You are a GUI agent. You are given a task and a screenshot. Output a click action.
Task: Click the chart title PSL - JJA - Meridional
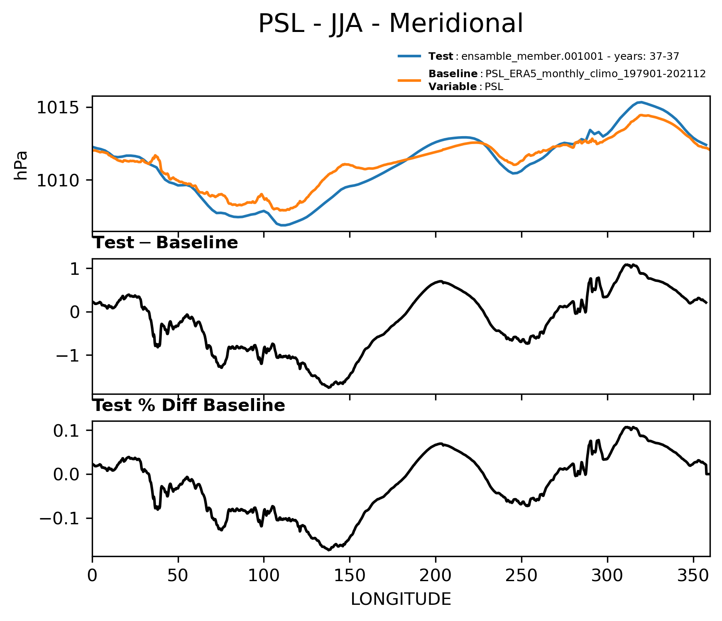click(391, 24)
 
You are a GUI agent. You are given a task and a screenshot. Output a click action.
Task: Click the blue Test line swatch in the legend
click(410, 56)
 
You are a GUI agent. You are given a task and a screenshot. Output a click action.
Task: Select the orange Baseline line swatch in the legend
click(410, 80)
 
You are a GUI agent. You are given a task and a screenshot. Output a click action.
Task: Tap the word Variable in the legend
click(453, 87)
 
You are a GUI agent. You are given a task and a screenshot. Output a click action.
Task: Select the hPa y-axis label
click(21, 165)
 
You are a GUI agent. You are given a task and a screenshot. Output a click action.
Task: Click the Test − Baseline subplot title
click(165, 243)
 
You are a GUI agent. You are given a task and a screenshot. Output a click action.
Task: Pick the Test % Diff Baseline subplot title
click(189, 406)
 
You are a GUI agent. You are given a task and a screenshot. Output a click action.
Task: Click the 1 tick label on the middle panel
click(75, 269)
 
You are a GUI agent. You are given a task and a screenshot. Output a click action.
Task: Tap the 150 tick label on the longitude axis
click(350, 576)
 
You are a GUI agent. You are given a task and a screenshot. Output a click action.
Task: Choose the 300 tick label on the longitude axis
click(607, 576)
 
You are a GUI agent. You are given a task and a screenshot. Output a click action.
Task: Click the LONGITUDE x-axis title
click(401, 599)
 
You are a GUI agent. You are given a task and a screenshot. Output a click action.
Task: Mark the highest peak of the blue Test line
click(641, 102)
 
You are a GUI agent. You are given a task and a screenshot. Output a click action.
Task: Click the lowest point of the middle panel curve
click(329, 387)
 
